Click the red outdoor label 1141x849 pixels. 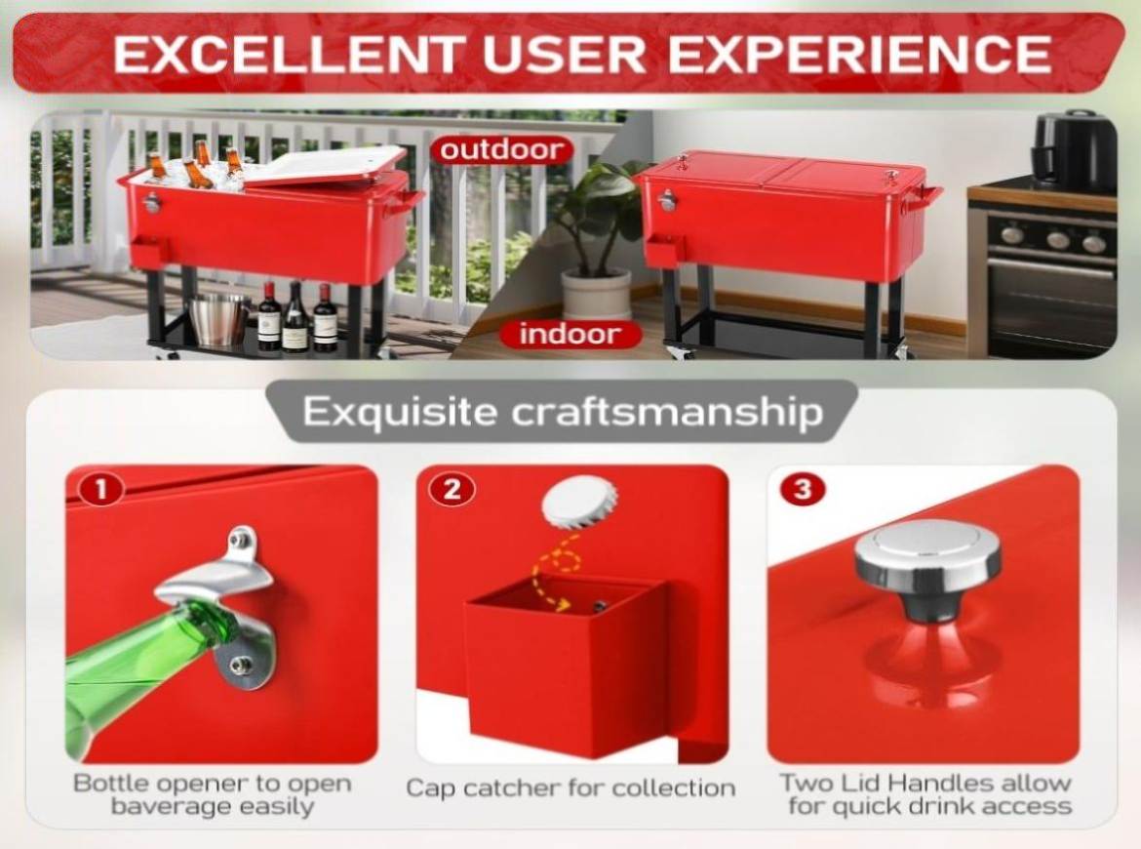click(x=502, y=150)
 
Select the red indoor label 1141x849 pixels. click(x=570, y=334)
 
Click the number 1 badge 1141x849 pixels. click(x=101, y=489)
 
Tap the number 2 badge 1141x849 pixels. click(x=452, y=489)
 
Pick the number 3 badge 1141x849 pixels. click(x=804, y=489)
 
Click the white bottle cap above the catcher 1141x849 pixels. click(x=580, y=502)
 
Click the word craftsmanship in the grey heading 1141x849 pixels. click(x=667, y=412)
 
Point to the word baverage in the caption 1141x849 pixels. click(x=171, y=806)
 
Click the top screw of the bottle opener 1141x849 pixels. click(x=242, y=540)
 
